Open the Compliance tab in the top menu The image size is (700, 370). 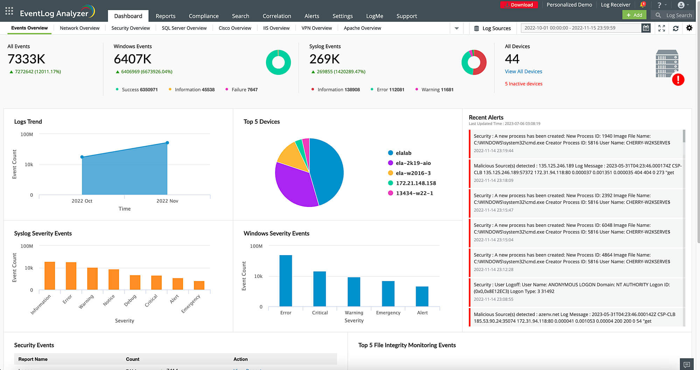click(x=203, y=16)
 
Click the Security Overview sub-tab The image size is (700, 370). click(x=131, y=28)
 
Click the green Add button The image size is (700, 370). click(x=634, y=15)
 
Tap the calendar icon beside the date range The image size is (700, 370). click(x=646, y=28)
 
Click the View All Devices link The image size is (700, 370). click(x=523, y=71)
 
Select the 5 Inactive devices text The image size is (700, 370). click(x=523, y=84)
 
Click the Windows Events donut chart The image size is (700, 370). click(x=278, y=62)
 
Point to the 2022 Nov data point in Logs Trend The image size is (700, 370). click(x=167, y=143)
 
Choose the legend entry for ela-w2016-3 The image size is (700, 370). click(x=413, y=173)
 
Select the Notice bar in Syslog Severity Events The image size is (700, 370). click(x=114, y=279)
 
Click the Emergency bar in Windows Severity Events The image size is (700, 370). click(x=388, y=293)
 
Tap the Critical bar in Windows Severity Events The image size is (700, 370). click(x=320, y=289)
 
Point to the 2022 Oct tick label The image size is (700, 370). click(x=82, y=201)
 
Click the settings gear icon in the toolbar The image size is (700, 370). click(x=689, y=28)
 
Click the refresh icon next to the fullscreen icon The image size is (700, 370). click(x=675, y=28)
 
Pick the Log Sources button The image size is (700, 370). click(x=492, y=28)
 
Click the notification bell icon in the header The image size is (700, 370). click(x=643, y=5)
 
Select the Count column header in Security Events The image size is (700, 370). click(x=133, y=359)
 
